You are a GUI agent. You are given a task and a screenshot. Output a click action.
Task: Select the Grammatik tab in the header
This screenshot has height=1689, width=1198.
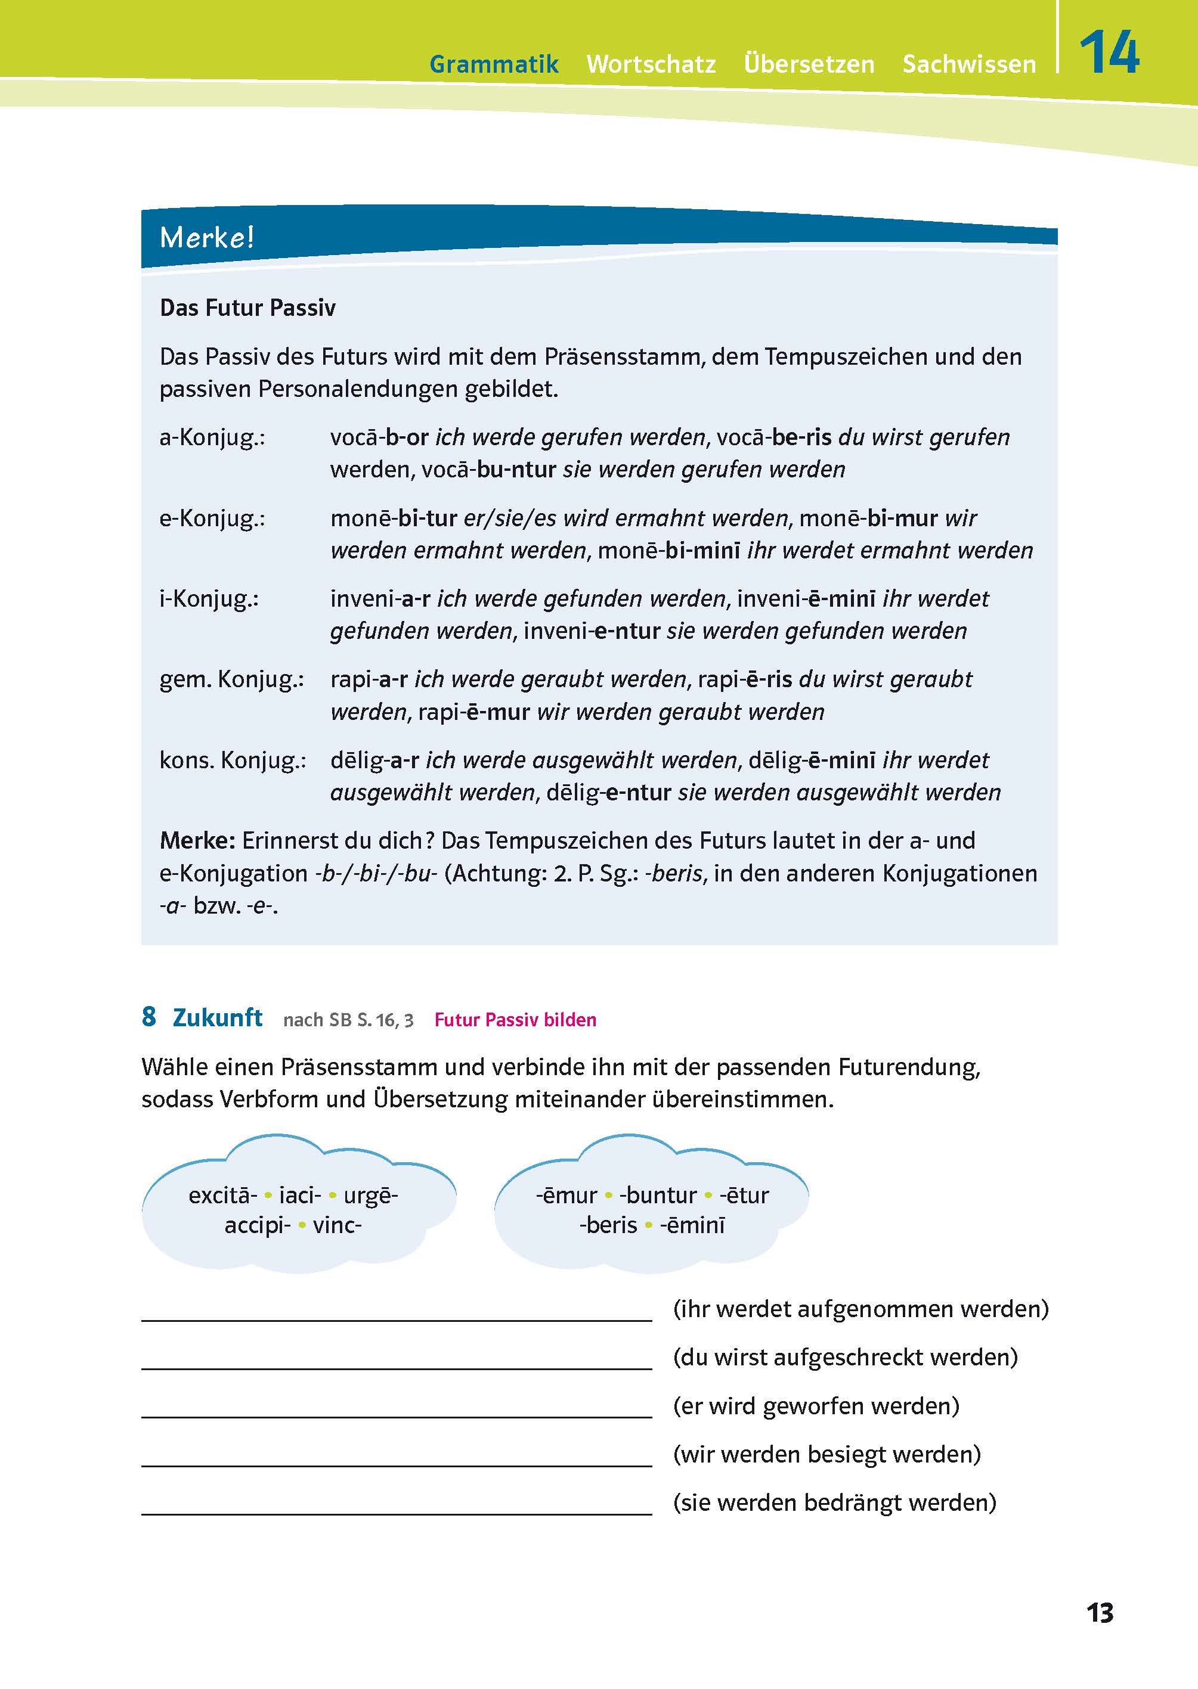tap(494, 64)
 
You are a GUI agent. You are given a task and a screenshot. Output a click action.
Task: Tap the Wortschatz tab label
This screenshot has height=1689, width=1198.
tap(651, 64)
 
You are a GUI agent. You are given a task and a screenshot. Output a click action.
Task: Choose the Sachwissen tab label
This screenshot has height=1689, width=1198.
tap(968, 64)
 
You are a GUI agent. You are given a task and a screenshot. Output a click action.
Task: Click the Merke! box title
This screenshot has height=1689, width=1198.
tap(206, 237)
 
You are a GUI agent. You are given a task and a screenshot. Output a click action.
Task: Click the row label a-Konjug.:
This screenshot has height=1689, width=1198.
tap(212, 437)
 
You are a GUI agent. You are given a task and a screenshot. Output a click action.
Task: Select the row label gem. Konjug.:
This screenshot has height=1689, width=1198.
tap(231, 679)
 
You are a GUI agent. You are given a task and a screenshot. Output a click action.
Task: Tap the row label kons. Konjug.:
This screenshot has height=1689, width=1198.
tap(233, 759)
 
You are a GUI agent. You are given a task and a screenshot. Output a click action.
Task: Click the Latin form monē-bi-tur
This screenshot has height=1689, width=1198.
tap(393, 519)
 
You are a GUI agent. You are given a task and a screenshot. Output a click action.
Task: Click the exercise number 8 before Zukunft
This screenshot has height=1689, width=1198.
tap(149, 1017)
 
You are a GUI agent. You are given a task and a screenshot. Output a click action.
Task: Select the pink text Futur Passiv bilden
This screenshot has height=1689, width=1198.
tap(515, 1020)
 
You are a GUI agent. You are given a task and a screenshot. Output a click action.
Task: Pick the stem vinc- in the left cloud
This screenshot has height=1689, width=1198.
tap(337, 1225)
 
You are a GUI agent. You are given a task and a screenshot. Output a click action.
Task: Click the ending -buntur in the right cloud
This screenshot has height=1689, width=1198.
tap(658, 1194)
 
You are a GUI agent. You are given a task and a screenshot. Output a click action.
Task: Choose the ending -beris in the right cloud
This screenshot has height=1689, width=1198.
tap(608, 1225)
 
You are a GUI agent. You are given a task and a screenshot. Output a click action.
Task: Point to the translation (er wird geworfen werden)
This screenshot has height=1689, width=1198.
tap(816, 1405)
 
